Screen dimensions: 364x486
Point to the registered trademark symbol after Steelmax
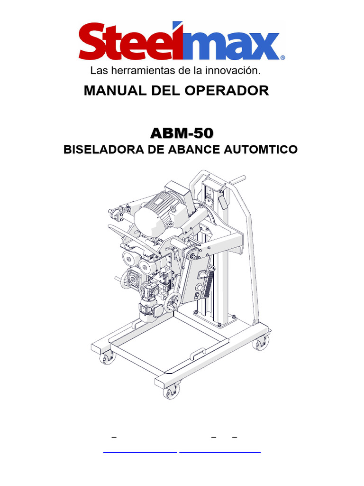click(282, 57)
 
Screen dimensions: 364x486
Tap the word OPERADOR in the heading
click(227, 91)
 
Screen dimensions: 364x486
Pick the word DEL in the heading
click(165, 91)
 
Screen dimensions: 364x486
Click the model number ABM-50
click(182, 133)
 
